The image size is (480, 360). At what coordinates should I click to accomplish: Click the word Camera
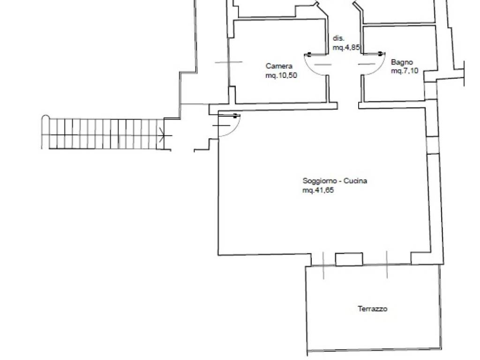click(279, 66)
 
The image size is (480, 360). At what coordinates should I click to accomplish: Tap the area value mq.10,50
click(281, 75)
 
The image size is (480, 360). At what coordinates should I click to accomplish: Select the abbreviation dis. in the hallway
click(338, 38)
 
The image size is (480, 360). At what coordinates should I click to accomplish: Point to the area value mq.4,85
click(346, 47)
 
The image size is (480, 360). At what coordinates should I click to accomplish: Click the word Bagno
click(402, 62)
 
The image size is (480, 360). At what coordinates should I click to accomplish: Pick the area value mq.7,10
click(405, 71)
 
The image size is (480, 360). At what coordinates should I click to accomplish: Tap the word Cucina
click(355, 180)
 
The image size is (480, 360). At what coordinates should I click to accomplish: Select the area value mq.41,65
click(318, 190)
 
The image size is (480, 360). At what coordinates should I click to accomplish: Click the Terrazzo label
click(372, 308)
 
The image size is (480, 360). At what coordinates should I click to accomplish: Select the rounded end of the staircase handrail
click(45, 117)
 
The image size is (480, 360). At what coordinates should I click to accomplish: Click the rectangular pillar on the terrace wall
click(349, 259)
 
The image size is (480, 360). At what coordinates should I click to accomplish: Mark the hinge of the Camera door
click(308, 55)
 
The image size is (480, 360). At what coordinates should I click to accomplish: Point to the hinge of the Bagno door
click(381, 54)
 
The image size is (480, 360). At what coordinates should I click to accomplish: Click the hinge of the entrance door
click(235, 116)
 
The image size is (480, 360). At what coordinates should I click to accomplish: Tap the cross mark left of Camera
click(229, 62)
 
